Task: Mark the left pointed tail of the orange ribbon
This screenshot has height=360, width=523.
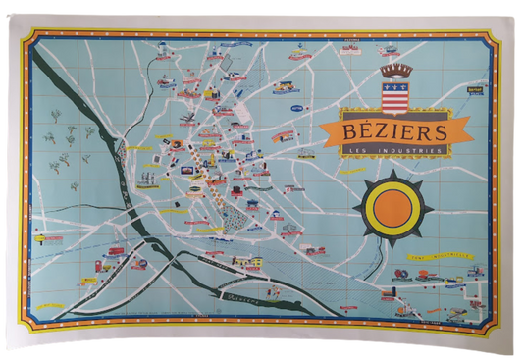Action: pos(325,138)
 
